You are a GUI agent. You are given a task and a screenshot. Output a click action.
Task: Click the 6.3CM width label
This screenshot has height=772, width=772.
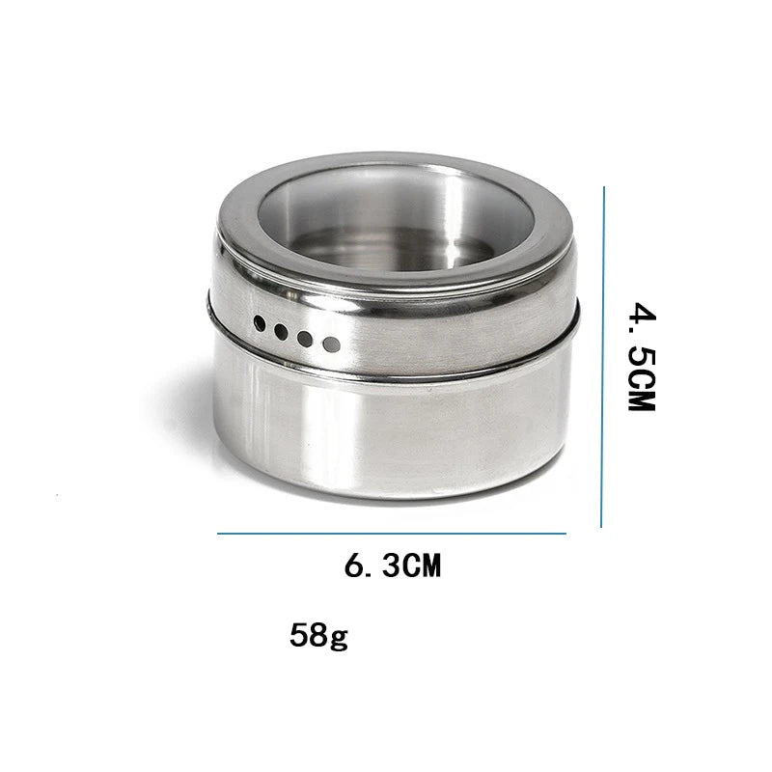[x=393, y=565]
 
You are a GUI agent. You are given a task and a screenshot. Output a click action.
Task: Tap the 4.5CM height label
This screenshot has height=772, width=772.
[x=642, y=356]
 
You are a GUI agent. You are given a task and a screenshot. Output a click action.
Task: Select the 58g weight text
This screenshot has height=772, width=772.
[x=318, y=636]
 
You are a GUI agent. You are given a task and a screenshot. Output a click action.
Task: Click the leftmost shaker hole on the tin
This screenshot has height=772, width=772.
[x=260, y=323]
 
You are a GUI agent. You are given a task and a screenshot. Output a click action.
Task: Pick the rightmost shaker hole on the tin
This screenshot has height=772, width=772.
[x=331, y=345]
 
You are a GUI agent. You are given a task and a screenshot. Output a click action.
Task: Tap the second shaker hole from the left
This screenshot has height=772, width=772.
[x=281, y=332]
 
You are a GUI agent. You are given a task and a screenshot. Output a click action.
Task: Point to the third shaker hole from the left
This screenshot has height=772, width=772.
[x=305, y=339]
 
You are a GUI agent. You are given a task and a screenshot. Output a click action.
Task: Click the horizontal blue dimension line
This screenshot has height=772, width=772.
[x=392, y=534]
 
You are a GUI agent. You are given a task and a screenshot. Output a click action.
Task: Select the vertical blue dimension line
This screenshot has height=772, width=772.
[x=602, y=357]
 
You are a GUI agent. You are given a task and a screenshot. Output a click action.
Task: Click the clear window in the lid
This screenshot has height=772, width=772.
[x=397, y=219]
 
